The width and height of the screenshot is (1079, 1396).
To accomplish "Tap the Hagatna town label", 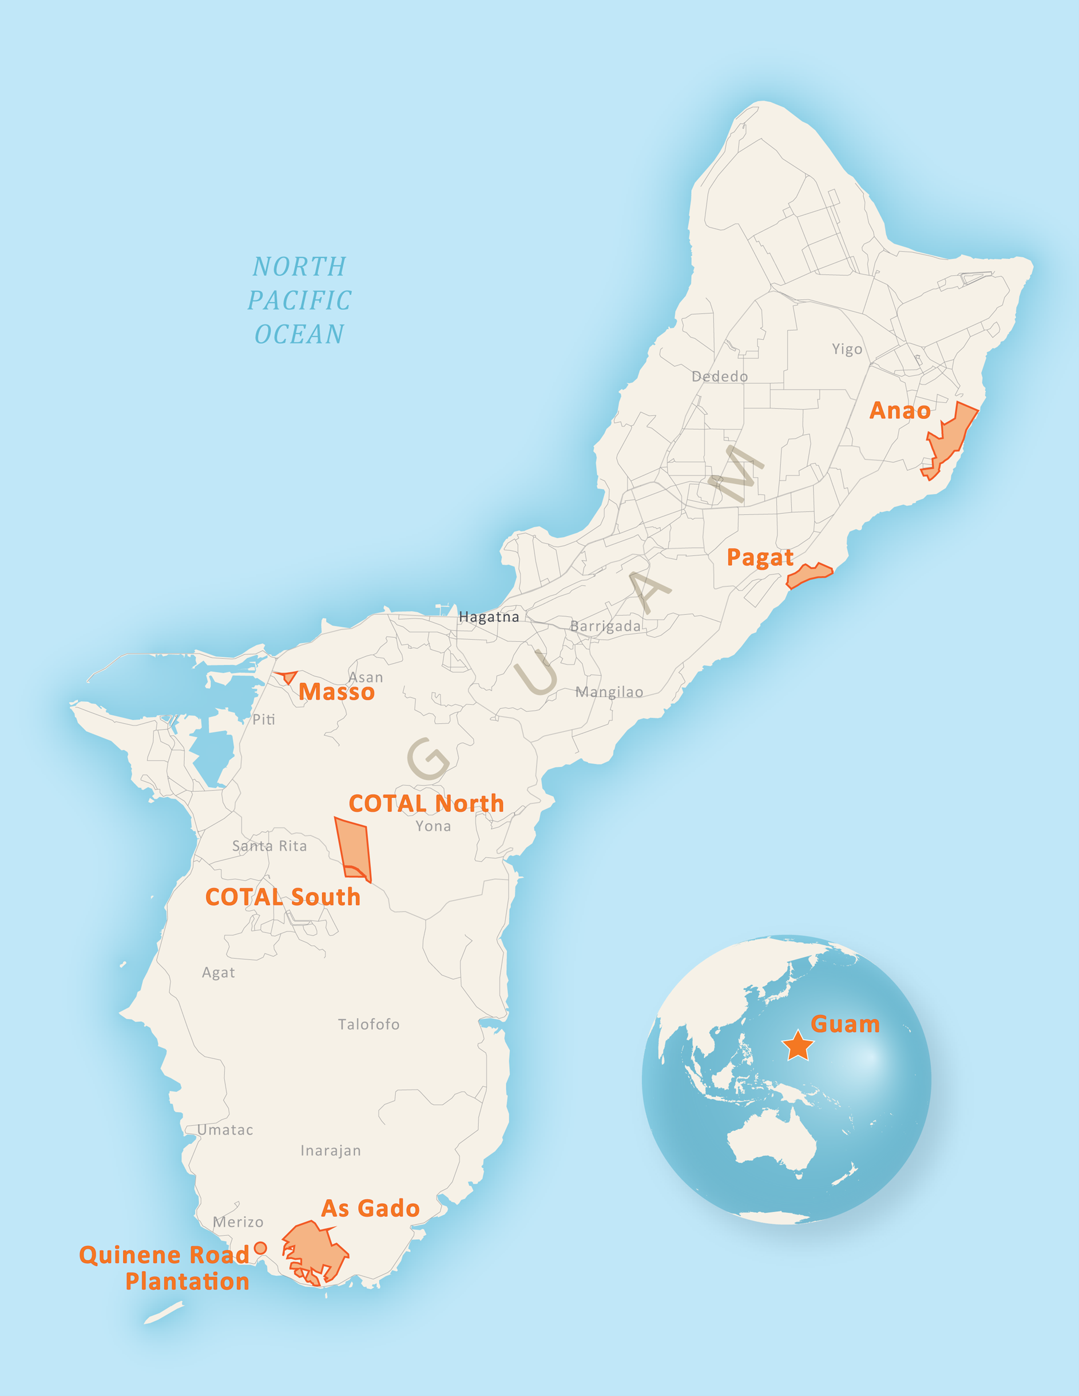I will click(489, 617).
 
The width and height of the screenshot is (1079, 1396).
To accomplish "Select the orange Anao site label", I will click(899, 410).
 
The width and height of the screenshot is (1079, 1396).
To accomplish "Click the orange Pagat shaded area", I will click(808, 575).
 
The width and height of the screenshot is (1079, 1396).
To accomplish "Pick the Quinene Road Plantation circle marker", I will click(260, 1248).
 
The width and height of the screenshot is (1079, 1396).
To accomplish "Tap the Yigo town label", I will click(847, 349).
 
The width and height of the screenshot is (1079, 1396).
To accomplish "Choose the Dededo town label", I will click(719, 376).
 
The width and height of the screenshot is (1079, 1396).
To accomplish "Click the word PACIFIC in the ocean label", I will click(300, 300).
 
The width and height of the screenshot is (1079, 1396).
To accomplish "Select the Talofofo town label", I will click(368, 1025).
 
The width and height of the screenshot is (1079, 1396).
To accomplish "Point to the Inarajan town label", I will click(331, 1151).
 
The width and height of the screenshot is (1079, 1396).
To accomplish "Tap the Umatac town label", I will click(225, 1130).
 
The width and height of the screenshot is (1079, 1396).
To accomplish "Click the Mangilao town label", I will click(609, 692).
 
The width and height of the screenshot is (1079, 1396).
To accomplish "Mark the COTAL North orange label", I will click(426, 803).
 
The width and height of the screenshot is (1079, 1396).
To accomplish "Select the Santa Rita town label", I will click(269, 846).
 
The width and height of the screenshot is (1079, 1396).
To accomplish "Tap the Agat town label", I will click(218, 972).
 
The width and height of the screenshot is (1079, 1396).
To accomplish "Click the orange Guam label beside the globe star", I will click(844, 1024).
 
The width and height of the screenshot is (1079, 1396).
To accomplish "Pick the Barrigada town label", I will click(605, 626).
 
